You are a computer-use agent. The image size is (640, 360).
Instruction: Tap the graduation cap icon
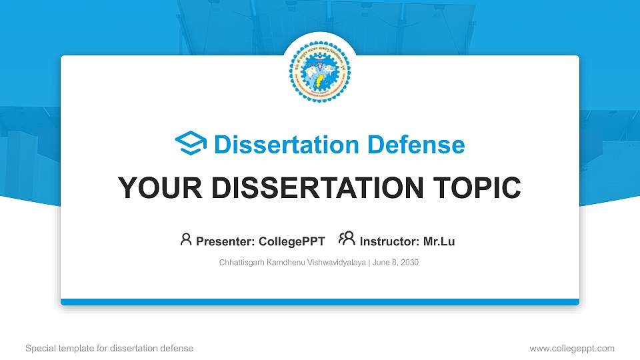click(191, 144)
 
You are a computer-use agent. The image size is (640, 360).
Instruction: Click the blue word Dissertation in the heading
click(277, 145)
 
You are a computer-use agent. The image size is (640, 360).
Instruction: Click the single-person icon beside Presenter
click(186, 239)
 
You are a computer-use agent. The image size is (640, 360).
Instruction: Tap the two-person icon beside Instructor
click(347, 239)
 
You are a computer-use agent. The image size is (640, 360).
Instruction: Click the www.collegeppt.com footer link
click(572, 348)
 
